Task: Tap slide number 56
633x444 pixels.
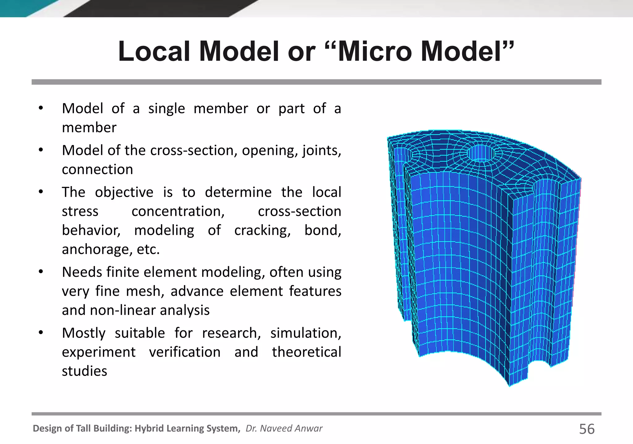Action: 587,429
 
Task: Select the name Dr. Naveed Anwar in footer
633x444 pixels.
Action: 284,429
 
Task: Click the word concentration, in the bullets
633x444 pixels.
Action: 178,211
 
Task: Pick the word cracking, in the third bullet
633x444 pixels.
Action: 262,230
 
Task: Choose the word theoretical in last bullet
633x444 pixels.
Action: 307,352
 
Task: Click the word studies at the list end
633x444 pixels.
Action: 84,371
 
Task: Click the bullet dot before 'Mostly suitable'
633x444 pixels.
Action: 41,333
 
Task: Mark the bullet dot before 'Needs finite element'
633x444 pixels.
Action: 41,272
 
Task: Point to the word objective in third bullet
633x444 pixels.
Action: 124,192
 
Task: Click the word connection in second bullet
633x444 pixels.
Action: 97,170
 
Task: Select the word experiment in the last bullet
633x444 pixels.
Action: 99,352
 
